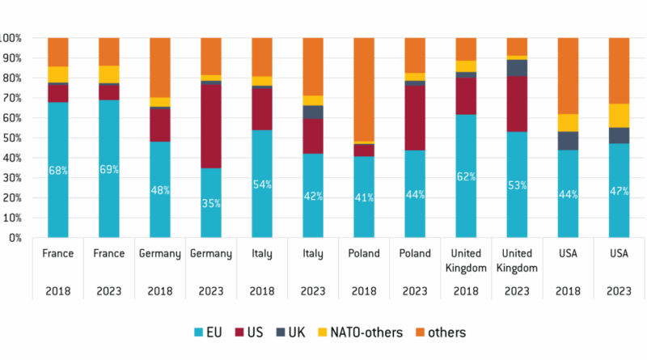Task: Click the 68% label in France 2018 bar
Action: coord(58,170)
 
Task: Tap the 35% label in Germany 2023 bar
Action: coord(210,203)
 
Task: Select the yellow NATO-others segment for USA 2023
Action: coord(618,116)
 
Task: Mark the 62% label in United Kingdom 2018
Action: coord(466,176)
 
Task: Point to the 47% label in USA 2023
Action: coord(618,191)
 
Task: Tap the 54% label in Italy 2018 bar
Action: coord(261,184)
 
